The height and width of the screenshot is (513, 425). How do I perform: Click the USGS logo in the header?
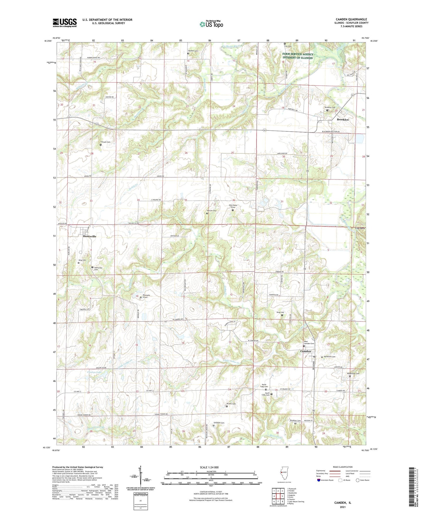[x=65, y=22]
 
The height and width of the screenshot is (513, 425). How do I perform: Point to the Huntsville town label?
[x=89, y=236]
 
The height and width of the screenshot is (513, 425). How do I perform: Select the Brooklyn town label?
[x=343, y=120]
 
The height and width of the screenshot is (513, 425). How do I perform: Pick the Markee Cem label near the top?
[x=193, y=51]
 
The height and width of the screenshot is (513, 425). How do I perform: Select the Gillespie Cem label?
[x=219, y=423]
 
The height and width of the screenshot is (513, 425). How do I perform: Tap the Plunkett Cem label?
[x=295, y=421]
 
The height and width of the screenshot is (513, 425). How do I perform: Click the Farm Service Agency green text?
[x=298, y=56]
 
